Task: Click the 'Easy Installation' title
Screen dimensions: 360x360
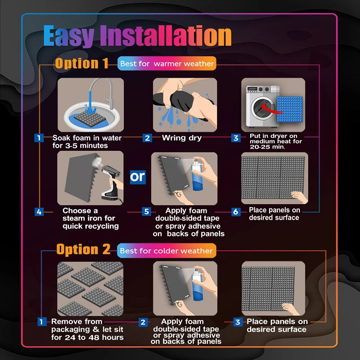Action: tap(137, 36)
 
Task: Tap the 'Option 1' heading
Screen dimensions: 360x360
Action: tap(81, 63)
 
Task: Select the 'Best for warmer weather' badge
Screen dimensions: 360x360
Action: tap(167, 64)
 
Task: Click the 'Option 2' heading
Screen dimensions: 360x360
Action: tap(83, 250)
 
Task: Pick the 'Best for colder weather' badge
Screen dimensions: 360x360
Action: tap(166, 250)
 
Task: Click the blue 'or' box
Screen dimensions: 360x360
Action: tap(138, 177)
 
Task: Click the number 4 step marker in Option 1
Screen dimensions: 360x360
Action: tap(40, 211)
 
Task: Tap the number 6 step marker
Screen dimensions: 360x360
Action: tap(236, 211)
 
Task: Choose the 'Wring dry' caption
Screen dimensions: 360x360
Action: tap(182, 138)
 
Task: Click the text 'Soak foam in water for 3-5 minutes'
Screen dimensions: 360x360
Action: tap(80, 141)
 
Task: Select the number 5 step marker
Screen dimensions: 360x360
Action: tap(146, 211)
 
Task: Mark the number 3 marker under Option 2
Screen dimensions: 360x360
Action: tap(238, 322)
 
